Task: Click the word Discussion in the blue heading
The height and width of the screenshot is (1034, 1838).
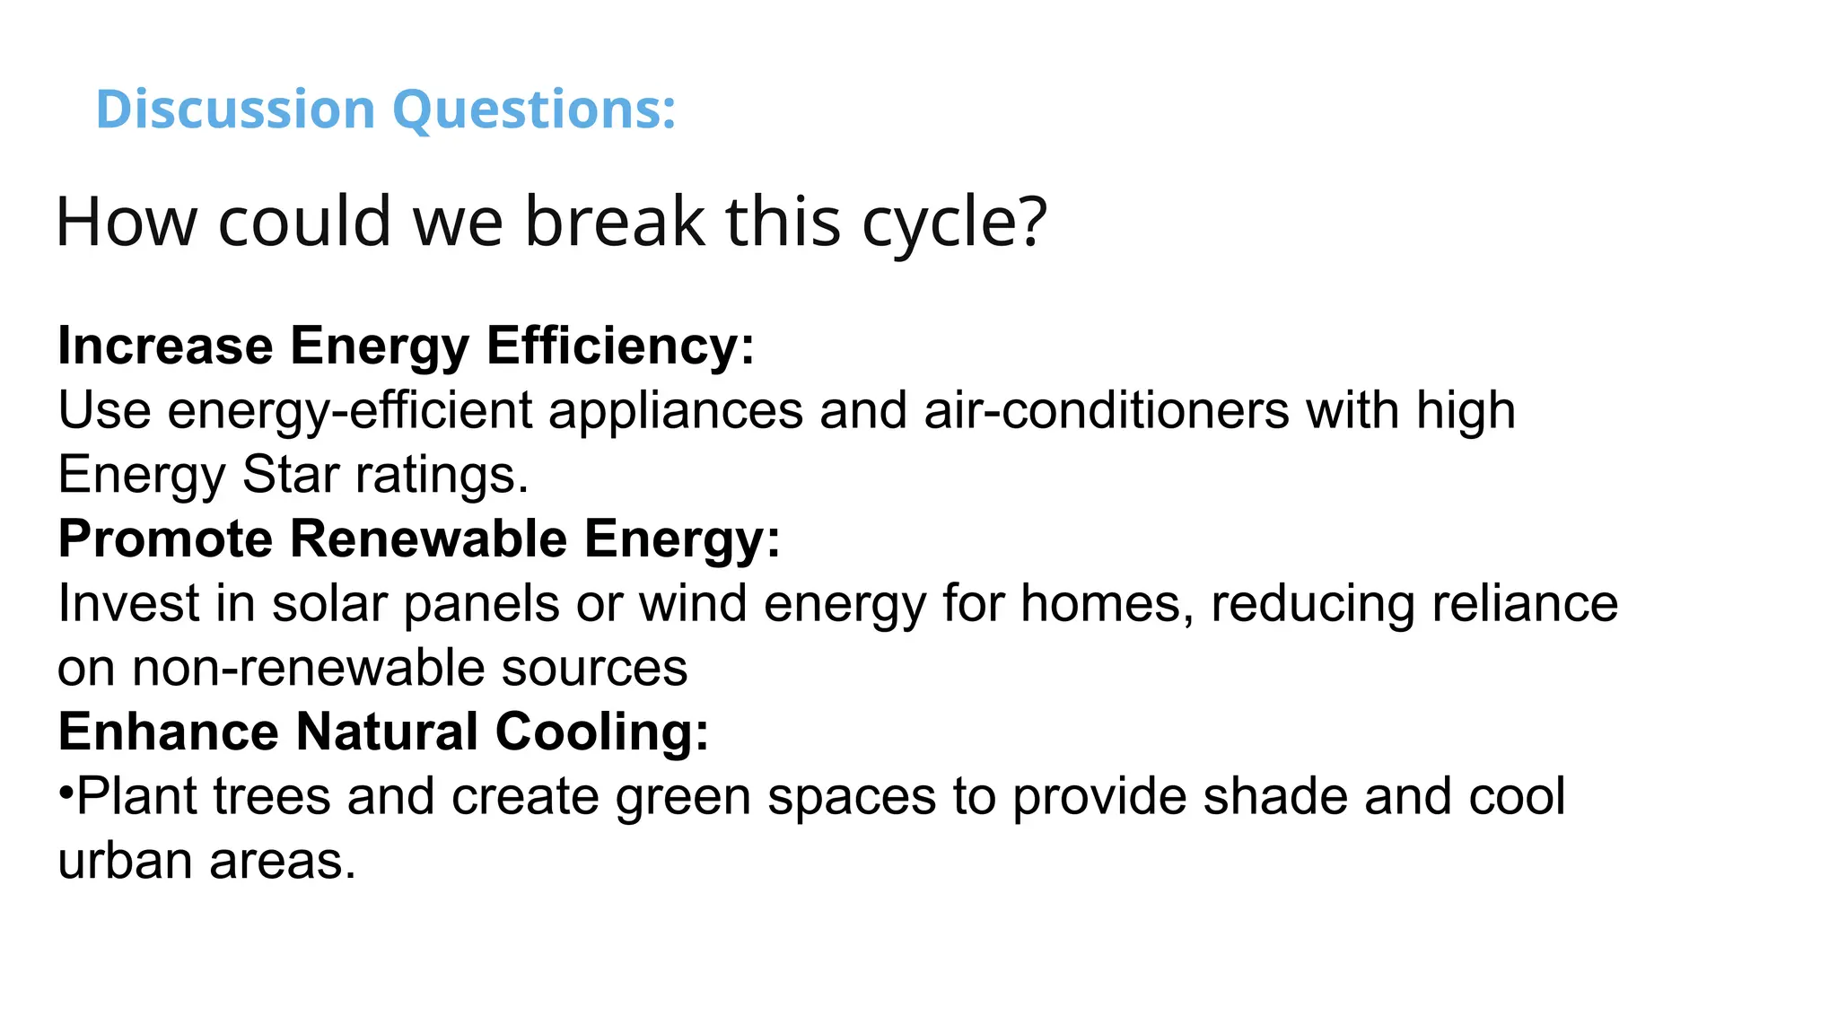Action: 235,110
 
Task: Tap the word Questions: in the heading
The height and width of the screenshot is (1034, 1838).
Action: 534,111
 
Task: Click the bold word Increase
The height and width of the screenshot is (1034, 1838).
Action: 165,346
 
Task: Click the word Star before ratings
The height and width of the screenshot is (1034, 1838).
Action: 290,475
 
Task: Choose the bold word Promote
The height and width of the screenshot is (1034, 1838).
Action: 165,539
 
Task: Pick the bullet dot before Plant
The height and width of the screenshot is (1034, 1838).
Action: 66,793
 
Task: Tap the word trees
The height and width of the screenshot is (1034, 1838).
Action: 272,797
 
